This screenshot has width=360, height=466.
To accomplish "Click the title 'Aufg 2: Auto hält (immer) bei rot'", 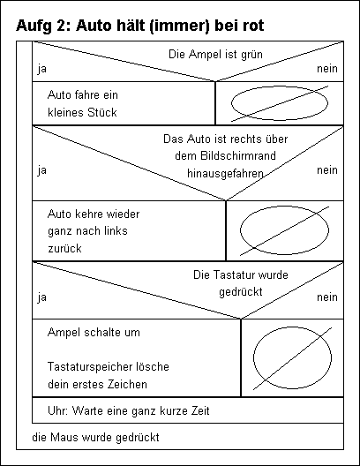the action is [140, 26].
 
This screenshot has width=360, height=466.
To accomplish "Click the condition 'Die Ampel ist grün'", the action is [215, 55].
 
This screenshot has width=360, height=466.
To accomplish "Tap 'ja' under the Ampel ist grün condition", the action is [41, 69].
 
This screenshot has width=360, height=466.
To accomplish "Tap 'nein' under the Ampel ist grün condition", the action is [327, 69].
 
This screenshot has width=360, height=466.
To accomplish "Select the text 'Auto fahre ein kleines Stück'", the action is [83, 104].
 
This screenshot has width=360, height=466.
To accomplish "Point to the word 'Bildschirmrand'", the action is [225, 155].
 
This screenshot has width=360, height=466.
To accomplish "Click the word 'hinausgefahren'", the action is [225, 173].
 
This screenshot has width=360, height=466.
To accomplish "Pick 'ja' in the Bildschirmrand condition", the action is [41, 170].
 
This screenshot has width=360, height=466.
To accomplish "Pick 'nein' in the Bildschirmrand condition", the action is [327, 170].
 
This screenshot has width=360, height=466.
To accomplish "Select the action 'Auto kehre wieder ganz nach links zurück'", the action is [94, 231].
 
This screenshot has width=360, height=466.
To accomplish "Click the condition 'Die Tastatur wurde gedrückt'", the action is [241, 283].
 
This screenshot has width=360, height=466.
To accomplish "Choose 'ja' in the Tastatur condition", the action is [41, 297].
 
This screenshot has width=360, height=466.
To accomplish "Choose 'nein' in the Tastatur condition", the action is [327, 297].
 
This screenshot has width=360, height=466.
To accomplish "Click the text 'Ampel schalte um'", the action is [94, 332].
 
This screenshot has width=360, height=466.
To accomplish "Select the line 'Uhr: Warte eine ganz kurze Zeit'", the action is [129, 411].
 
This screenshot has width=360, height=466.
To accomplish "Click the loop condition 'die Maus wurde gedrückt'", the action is [95, 438].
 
